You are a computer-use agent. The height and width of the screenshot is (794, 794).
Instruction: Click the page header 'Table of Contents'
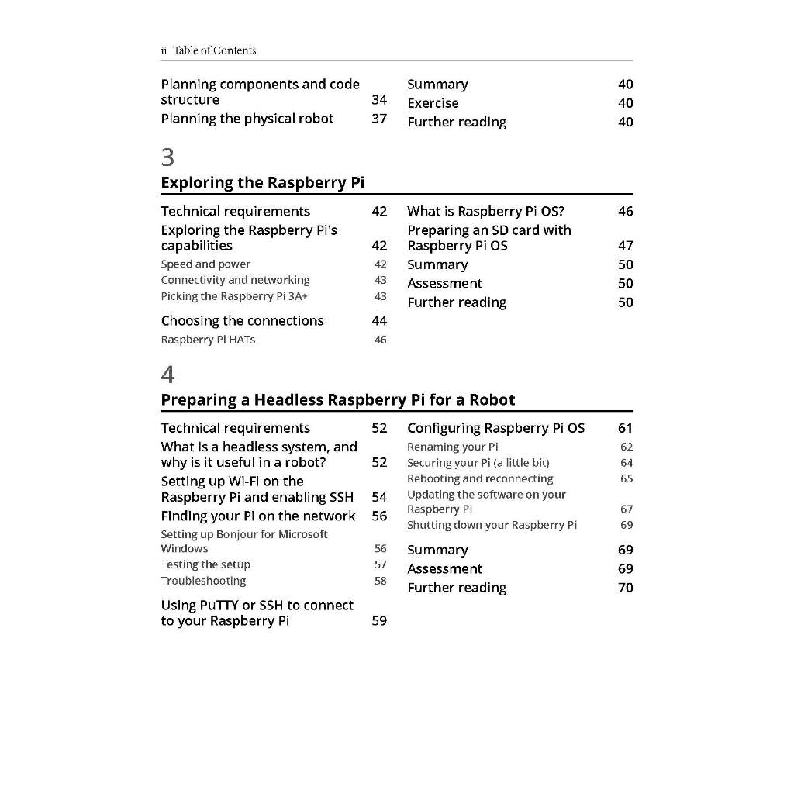[x=214, y=50]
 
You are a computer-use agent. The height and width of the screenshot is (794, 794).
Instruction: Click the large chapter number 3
[x=167, y=157]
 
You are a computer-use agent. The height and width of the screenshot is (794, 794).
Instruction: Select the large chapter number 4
[x=167, y=375]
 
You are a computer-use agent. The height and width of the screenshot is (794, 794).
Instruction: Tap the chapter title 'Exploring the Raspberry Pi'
[x=262, y=183]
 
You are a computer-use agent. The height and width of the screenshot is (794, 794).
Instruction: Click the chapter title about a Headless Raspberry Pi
[x=337, y=400]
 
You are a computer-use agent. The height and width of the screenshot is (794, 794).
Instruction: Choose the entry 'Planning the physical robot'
[x=247, y=119]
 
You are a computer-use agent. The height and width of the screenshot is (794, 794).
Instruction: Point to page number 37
[x=379, y=119]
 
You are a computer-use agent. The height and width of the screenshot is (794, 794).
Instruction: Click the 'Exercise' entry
[x=433, y=103]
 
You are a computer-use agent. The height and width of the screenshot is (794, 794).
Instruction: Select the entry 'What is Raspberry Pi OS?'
[x=485, y=211]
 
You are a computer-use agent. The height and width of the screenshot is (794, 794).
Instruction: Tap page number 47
[x=626, y=246]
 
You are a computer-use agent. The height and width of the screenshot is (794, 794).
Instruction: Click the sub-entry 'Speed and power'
[x=205, y=264]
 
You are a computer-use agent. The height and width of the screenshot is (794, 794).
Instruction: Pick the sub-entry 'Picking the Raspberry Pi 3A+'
[x=229, y=296]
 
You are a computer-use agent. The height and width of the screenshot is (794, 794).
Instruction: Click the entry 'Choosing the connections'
[x=242, y=321]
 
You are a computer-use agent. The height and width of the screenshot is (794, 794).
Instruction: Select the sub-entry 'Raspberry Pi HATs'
[x=208, y=340]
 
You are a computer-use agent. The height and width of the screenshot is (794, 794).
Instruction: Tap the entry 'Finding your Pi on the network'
[x=258, y=516]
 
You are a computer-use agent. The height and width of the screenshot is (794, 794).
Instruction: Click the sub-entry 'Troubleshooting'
[x=203, y=581]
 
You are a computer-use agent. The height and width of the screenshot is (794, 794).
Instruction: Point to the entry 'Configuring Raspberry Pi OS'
[x=496, y=428]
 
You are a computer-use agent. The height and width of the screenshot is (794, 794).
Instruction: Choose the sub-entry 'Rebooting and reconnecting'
[x=480, y=478]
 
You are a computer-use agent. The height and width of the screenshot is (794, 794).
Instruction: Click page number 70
[x=626, y=588]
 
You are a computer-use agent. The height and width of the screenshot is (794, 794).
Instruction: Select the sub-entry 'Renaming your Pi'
[x=453, y=447]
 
